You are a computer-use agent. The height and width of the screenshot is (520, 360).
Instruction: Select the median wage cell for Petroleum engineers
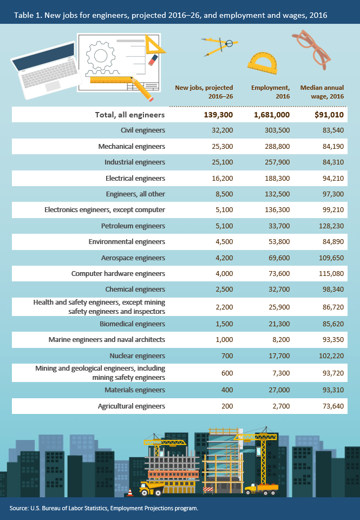pos(330,226)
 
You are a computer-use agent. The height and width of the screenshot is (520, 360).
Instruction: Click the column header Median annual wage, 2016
pos(322,91)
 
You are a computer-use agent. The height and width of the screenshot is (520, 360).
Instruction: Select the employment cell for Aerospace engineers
pos(279,258)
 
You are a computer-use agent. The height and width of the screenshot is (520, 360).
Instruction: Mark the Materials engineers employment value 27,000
pos(279,390)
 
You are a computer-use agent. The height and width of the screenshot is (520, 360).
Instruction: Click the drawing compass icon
pos(219,47)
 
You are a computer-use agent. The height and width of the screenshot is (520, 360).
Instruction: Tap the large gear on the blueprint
pos(101,55)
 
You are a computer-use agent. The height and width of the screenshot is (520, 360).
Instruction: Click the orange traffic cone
pos(130,492)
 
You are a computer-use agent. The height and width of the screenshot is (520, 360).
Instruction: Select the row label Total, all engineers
pos(130,115)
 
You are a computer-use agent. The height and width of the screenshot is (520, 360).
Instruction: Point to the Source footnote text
pos(103,508)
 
